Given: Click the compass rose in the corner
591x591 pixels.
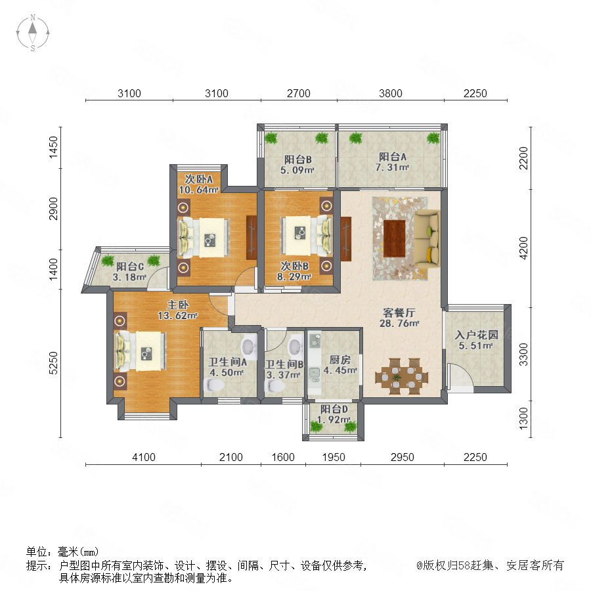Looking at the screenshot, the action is click(33, 33).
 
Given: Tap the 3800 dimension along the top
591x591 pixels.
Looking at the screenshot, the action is click(391, 93).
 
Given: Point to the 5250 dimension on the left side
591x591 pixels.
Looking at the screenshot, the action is click(54, 362).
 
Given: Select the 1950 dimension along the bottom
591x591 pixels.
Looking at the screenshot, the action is click(334, 457).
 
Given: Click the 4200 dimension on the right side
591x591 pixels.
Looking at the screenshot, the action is click(524, 248).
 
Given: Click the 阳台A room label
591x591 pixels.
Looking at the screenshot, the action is click(393, 157).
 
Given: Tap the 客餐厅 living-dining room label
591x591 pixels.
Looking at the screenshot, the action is click(399, 313).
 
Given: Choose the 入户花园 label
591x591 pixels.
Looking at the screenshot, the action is click(477, 335).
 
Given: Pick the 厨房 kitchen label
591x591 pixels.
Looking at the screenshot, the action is click(340, 360).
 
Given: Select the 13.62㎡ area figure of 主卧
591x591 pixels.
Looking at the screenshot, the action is click(177, 315).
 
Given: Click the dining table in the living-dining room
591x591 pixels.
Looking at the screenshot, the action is click(402, 376).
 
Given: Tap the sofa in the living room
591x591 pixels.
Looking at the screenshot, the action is click(427, 238).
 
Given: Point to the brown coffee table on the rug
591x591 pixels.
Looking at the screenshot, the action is click(394, 238).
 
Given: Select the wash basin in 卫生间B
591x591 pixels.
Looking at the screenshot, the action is click(295, 345).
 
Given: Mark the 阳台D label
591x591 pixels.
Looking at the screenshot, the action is click(334, 409).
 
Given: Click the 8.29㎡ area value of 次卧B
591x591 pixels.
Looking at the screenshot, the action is click(294, 277).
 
